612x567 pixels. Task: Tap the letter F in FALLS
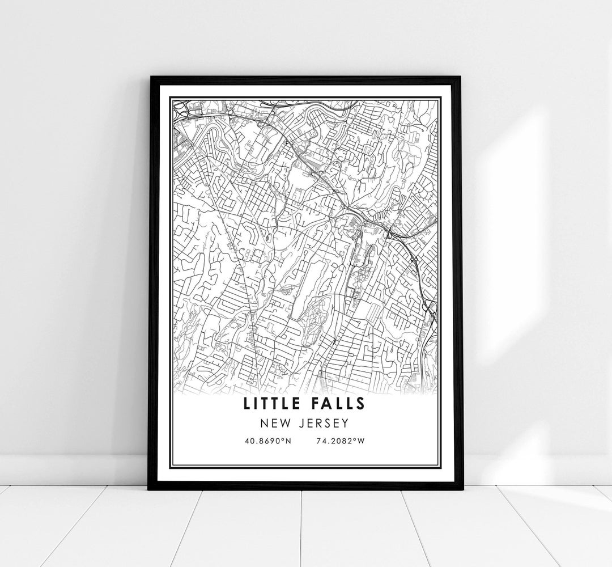315,404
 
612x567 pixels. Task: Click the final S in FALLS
360,404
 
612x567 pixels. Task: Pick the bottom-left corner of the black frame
148,489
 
